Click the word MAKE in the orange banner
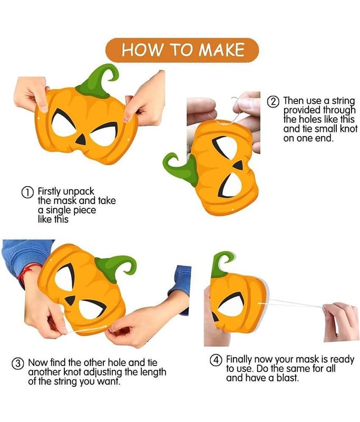[221, 50]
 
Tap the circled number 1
[27, 193]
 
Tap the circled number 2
[274, 102]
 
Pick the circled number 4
[216, 360]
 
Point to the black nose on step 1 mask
[81, 140]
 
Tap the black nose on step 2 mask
[239, 165]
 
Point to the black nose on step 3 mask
[71, 300]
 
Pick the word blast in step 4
[288, 378]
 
